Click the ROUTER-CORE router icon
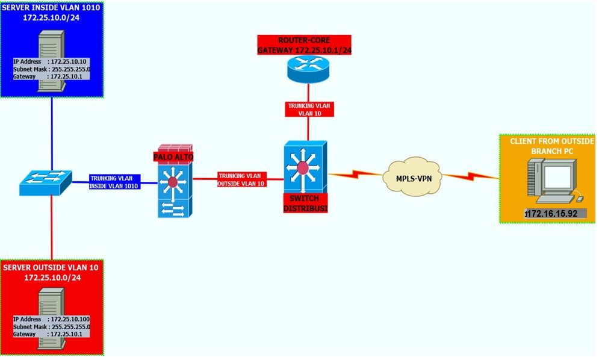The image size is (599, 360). coord(308,69)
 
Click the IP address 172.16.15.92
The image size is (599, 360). coord(551,214)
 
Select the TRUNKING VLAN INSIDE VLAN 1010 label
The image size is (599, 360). coord(114,182)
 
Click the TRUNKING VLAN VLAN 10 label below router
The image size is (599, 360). coord(309,109)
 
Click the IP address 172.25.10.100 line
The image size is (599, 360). coord(52,318)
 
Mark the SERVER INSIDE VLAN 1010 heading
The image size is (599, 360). coord(51,13)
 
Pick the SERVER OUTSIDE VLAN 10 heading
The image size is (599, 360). coord(51,272)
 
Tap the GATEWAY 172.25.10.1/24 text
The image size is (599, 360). coord(303,50)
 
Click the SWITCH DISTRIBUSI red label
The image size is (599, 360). coord(305,203)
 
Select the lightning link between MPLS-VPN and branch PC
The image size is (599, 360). coord(471,176)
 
